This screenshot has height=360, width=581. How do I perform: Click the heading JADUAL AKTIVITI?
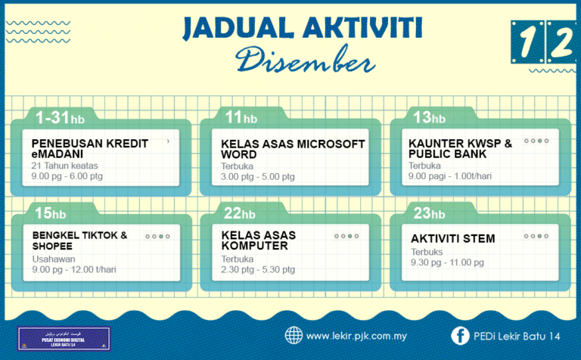[x=302, y=27]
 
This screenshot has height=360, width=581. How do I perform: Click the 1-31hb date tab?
[x=60, y=117]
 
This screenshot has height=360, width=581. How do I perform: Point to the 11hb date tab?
[x=241, y=117]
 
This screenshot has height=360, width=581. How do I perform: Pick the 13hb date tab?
[x=429, y=117]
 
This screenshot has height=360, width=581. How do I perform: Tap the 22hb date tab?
[x=241, y=214]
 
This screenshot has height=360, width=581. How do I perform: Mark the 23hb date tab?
[x=429, y=214]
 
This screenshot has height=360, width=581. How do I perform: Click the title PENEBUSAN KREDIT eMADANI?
[x=90, y=147]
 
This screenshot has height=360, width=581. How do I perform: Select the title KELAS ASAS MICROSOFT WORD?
[x=293, y=148]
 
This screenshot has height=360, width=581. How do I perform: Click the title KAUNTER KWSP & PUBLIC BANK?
[x=460, y=148]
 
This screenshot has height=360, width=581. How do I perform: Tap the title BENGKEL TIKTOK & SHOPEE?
[x=79, y=241]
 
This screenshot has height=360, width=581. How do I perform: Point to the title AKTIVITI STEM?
[x=453, y=239]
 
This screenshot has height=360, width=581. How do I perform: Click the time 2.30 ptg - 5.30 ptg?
[x=258, y=269]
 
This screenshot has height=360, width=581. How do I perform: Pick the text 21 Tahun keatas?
[x=65, y=166]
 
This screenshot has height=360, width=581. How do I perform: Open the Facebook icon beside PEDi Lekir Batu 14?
[x=459, y=335]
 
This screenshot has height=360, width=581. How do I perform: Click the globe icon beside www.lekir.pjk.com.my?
[x=294, y=335]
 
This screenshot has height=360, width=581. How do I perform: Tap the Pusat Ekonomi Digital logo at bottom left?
[x=64, y=338]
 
